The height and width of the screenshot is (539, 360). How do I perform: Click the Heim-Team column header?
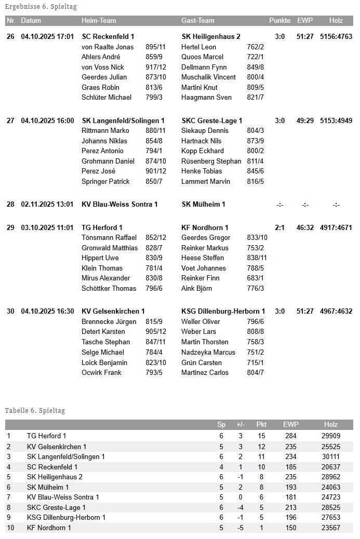(99, 21)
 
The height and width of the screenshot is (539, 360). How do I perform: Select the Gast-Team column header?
(197, 21)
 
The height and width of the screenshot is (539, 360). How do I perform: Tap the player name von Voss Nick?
(103, 67)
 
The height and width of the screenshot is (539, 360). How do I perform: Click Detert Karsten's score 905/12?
(156, 332)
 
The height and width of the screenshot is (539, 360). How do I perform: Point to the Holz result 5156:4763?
(336, 37)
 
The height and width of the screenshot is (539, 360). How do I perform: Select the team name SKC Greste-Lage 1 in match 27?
(212, 121)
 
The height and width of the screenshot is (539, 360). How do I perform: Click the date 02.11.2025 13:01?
(47, 205)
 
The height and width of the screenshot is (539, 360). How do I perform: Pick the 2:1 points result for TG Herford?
(279, 228)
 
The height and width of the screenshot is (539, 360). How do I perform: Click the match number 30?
(10, 312)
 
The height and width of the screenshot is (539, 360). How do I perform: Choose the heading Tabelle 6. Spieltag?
(35, 411)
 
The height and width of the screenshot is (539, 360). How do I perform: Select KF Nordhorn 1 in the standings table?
(49, 528)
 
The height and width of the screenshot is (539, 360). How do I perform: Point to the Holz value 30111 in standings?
(330, 456)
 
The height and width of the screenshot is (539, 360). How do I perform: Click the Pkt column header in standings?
(261, 425)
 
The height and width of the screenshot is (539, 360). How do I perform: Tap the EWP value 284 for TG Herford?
(291, 436)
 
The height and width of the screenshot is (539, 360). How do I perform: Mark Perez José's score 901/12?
(156, 171)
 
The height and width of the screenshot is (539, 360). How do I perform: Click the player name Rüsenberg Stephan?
(211, 161)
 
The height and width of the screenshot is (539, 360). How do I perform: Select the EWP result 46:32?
(305, 228)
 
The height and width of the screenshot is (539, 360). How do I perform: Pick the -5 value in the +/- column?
(240, 528)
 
